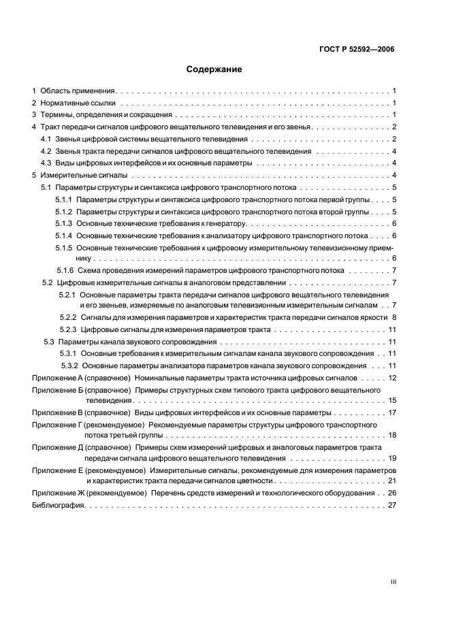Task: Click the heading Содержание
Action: click(x=214, y=69)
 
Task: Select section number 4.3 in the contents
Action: click(x=46, y=163)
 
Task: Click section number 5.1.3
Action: click(x=63, y=223)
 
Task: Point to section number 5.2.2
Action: click(x=67, y=317)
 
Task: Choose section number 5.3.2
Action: click(x=70, y=365)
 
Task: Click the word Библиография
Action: click(x=57, y=506)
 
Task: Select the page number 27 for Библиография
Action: click(x=392, y=506)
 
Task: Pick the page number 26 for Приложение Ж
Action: click(x=392, y=493)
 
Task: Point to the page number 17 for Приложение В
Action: click(x=392, y=413)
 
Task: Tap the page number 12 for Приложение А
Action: click(x=392, y=377)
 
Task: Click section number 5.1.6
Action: click(x=65, y=271)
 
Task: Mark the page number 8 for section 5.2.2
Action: click(x=394, y=317)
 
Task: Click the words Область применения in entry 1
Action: click(x=78, y=91)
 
